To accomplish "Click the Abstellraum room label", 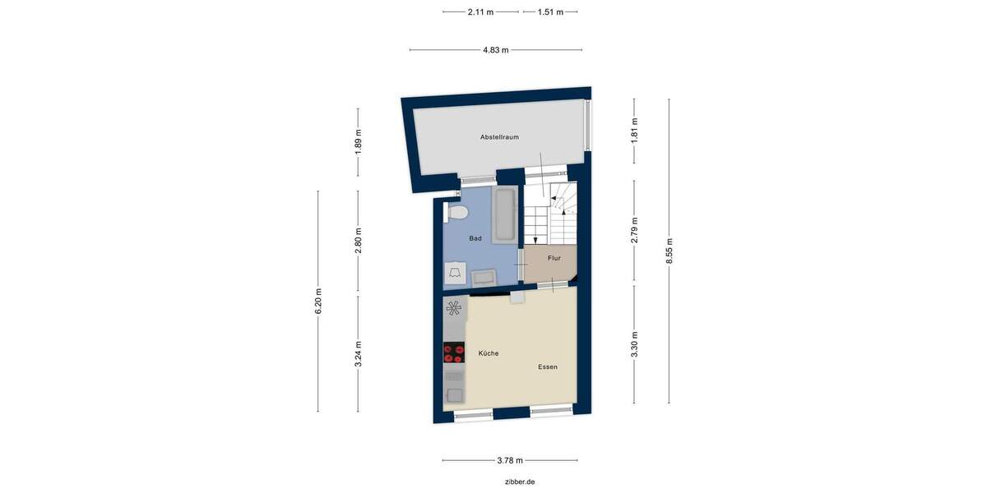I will point(499,137).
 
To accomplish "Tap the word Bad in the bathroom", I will point(475,238).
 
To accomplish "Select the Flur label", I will point(554,258).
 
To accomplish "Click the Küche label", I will point(489,353).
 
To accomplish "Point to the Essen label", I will point(548,366).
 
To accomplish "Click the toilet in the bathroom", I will point(456,214).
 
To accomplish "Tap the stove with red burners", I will point(453,353).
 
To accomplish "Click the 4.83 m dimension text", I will point(496,50).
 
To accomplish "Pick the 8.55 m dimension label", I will point(670,251).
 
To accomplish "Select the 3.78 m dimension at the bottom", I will point(510,461).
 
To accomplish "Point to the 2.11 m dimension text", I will point(480,12).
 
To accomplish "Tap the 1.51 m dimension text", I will point(550,12).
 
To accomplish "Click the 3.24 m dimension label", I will point(358,354).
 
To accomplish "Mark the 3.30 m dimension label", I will point(634,344).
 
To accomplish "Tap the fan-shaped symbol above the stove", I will point(453,309).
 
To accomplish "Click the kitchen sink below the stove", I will point(453,384).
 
